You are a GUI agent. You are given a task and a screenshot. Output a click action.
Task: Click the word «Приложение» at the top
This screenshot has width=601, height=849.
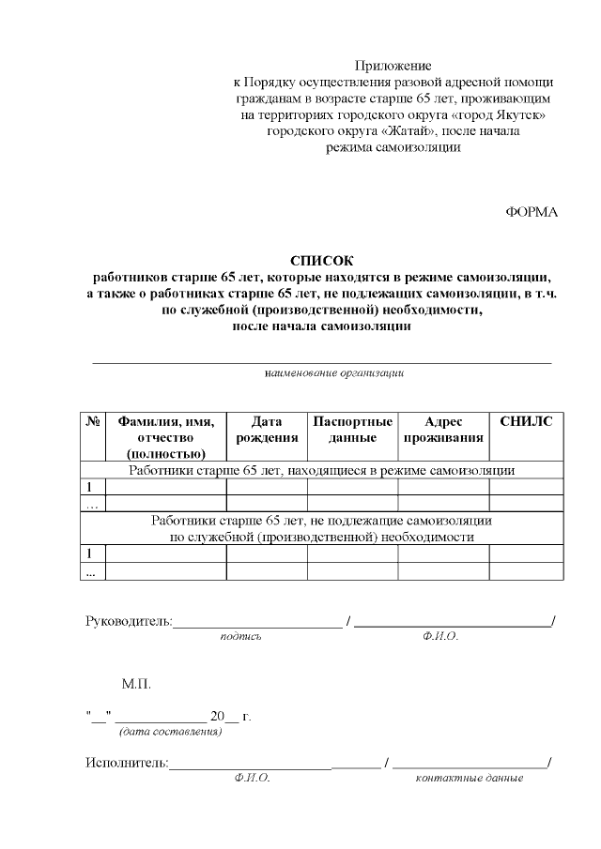(x=393, y=66)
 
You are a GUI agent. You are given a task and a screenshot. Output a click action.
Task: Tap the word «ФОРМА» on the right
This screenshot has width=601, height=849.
(x=532, y=212)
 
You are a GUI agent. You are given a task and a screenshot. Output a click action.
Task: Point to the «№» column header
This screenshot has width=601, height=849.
(x=93, y=422)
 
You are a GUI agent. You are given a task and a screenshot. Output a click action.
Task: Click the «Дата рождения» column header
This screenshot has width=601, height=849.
(x=267, y=430)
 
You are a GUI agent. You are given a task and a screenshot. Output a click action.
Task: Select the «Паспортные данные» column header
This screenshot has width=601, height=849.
(x=352, y=430)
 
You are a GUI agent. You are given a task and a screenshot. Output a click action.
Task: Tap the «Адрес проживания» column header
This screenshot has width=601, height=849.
(x=443, y=430)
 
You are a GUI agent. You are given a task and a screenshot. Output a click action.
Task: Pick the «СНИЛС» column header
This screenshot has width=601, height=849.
(x=526, y=422)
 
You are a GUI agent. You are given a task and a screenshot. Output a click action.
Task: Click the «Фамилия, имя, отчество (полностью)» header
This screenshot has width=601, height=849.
(x=165, y=437)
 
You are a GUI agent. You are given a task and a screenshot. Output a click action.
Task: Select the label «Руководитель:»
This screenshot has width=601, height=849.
(x=129, y=620)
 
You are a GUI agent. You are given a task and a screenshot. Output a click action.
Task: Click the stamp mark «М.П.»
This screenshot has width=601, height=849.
(x=136, y=686)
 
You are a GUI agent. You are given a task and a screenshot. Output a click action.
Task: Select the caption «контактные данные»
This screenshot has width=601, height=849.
(x=469, y=779)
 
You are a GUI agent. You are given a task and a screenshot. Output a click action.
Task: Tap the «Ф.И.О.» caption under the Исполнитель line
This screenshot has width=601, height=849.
(x=253, y=779)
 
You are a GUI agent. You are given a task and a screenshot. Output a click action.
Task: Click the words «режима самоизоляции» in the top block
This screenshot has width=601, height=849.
(x=393, y=147)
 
